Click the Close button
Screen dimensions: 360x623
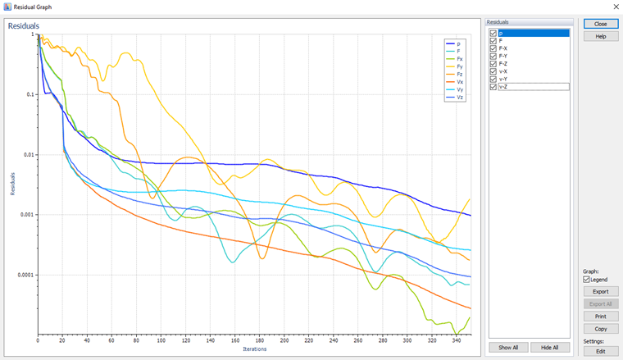coord(601,24)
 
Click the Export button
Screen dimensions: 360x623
coord(601,291)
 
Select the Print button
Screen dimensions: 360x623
coord(601,316)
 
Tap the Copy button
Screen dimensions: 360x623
coord(601,328)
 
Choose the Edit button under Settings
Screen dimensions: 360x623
coord(601,351)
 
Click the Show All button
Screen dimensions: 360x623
coord(508,348)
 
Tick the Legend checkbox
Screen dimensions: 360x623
coord(586,280)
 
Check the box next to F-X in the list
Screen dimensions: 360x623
coord(493,48)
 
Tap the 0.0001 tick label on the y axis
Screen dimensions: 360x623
coord(23,275)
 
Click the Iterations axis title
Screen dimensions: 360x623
coord(254,350)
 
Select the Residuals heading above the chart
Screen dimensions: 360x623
coord(24,26)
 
